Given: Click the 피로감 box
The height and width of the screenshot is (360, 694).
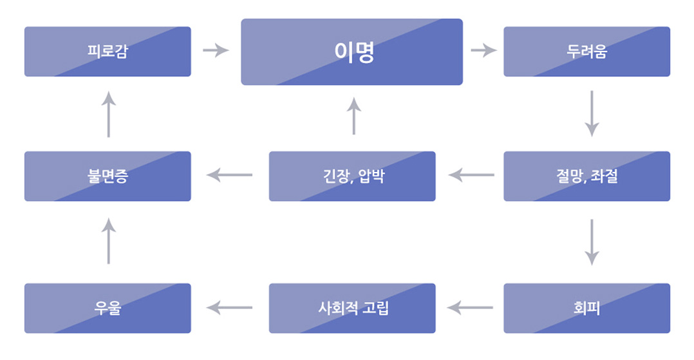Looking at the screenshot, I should coord(108,52).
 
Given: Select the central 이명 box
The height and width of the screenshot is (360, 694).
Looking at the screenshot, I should coord(352,52).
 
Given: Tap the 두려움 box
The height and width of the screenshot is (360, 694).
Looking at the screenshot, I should coord(586,52).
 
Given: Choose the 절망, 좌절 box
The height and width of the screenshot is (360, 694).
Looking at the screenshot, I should coord(586,176).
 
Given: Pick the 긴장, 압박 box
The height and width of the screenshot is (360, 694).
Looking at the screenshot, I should coord(352,176).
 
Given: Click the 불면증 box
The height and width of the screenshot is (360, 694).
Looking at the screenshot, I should coord(108,176).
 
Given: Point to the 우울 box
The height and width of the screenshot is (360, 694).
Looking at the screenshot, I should coord(108,308).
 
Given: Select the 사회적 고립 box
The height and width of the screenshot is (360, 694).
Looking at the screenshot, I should coord(352,308).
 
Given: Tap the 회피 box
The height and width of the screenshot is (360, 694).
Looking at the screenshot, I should coord(586,308).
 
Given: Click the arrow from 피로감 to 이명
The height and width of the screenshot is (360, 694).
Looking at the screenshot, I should coord(216,50).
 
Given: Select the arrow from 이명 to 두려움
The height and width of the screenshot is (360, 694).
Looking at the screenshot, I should coord(483,50).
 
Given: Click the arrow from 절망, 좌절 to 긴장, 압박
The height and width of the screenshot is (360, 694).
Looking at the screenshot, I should coord(471,175).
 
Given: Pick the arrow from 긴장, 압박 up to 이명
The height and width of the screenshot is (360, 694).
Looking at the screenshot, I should coord(353,117).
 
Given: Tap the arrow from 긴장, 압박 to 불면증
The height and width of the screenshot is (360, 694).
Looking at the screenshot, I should coord(229,175).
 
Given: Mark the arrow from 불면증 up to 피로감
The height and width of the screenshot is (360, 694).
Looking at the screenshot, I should coord(109,114).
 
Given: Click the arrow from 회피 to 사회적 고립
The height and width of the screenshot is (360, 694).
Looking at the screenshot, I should coord(471,308).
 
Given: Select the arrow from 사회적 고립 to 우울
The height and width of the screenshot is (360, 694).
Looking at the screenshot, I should coord(229,308).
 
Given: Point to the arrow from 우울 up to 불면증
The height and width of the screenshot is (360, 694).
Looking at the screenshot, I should coord(109,241).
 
